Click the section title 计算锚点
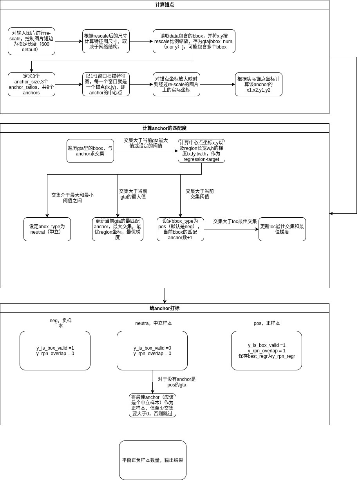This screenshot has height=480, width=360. (165, 5)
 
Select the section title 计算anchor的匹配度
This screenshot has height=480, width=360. (165, 128)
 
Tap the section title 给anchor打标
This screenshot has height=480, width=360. (165, 308)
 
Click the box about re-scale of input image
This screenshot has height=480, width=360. (31, 41)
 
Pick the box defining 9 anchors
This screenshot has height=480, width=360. (31, 84)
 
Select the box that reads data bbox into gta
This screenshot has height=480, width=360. (194, 41)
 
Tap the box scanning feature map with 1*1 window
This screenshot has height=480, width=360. (106, 84)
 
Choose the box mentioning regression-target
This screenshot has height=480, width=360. (201, 151)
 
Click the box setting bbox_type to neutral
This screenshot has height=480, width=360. (47, 229)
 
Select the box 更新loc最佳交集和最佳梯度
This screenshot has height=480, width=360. (282, 229)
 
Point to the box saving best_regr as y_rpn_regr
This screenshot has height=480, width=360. (266, 350)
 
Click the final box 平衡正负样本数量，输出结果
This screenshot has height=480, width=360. (152, 460)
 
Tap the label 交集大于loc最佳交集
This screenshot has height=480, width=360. (235, 221)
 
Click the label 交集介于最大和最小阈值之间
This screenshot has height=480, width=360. (72, 197)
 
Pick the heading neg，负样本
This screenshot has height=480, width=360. (61, 323)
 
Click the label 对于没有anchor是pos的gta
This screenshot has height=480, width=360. (177, 382)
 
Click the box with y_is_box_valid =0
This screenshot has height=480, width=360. (152, 350)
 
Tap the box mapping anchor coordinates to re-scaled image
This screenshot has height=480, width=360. (176, 84)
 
